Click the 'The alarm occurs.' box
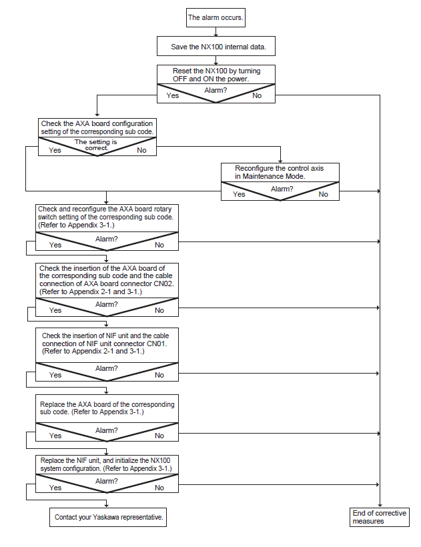[x=216, y=17]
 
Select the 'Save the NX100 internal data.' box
[x=216, y=46]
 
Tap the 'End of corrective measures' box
[x=380, y=517]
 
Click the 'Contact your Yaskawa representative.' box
[x=108, y=517]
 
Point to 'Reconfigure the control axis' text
[x=279, y=168]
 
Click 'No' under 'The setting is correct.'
[x=141, y=150]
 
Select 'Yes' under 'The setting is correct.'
[x=55, y=150]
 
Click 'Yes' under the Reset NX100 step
[x=173, y=95]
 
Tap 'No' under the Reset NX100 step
[x=257, y=95]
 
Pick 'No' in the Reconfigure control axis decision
[x=324, y=194]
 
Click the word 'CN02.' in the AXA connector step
[x=163, y=284]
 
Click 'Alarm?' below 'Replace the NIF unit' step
[x=106, y=481]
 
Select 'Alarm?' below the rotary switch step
[x=106, y=239]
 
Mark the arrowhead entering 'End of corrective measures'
[x=380, y=506]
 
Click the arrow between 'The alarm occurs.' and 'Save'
[x=216, y=32]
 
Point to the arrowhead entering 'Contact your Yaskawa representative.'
[x=106, y=505]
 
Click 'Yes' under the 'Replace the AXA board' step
[x=55, y=436]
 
